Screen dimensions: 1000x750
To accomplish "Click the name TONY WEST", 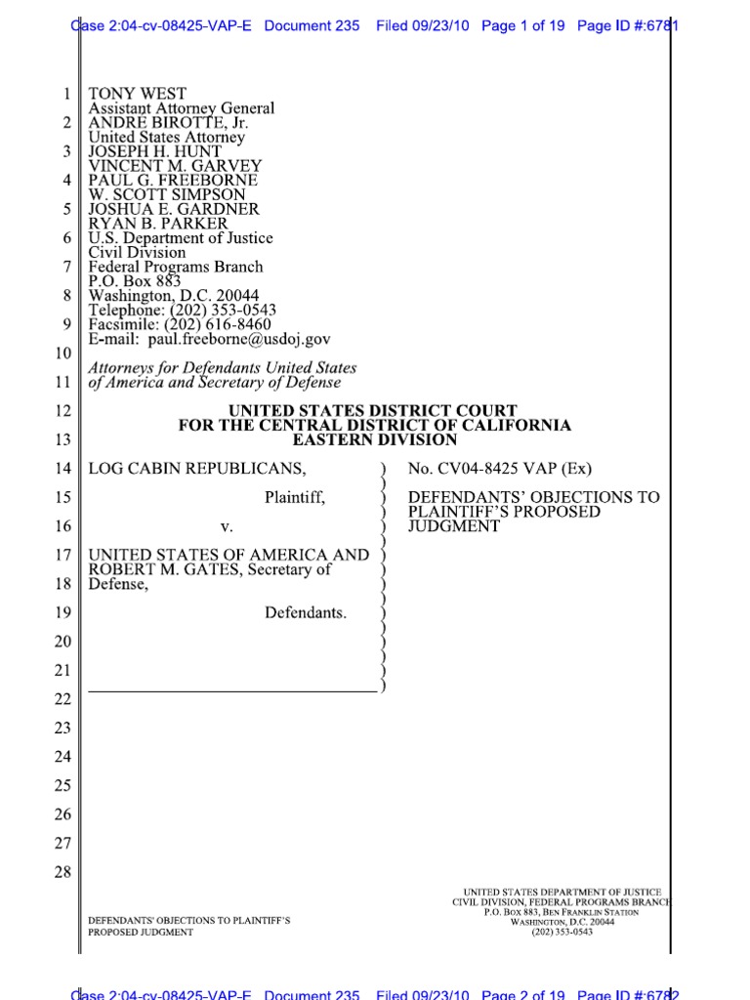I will tap(137, 95).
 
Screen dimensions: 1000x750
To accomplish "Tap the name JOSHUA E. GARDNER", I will tap(174, 209).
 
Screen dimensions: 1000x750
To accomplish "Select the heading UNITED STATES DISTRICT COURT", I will tap(373, 411).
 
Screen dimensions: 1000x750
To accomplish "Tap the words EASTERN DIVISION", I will tap(374, 440).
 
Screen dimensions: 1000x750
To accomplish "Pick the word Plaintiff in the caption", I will tap(294, 498).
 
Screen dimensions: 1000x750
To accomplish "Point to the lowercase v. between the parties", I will tap(227, 526).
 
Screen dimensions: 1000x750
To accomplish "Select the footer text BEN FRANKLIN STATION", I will tap(592, 912).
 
